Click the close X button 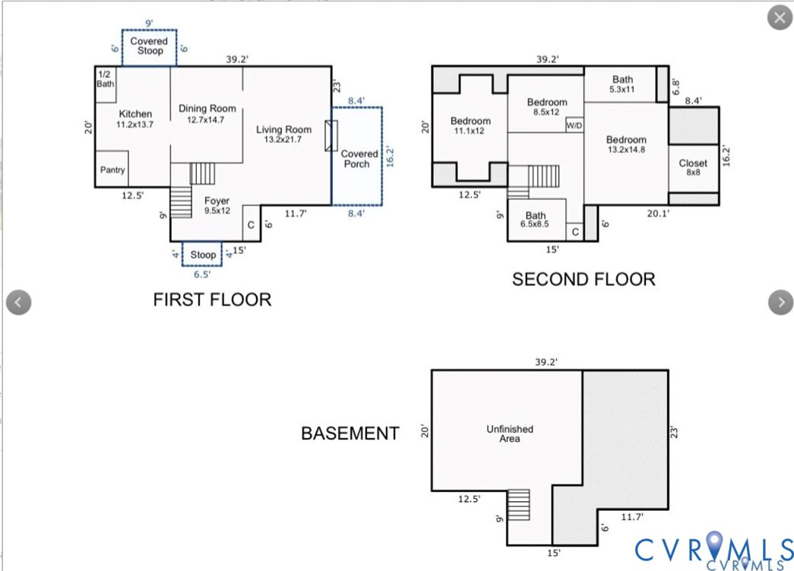pos(780,17)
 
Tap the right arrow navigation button pos(780,302)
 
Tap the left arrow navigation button pos(18,302)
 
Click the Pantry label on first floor pos(112,170)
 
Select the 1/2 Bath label pos(105,79)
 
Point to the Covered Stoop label pos(149,46)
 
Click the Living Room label pos(283,134)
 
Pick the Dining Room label pos(207,113)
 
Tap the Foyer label pos(217,205)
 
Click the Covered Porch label pos(359,159)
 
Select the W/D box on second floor pos(574,125)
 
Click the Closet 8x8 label pos(693,167)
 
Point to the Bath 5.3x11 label pos(622,84)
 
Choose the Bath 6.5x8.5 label pos(535,220)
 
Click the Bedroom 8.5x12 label pos(547,107)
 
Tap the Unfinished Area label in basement pos(510,433)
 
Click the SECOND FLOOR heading pos(583,279)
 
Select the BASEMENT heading pos(350,433)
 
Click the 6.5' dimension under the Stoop pos(202,274)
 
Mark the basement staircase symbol pos(518,505)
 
